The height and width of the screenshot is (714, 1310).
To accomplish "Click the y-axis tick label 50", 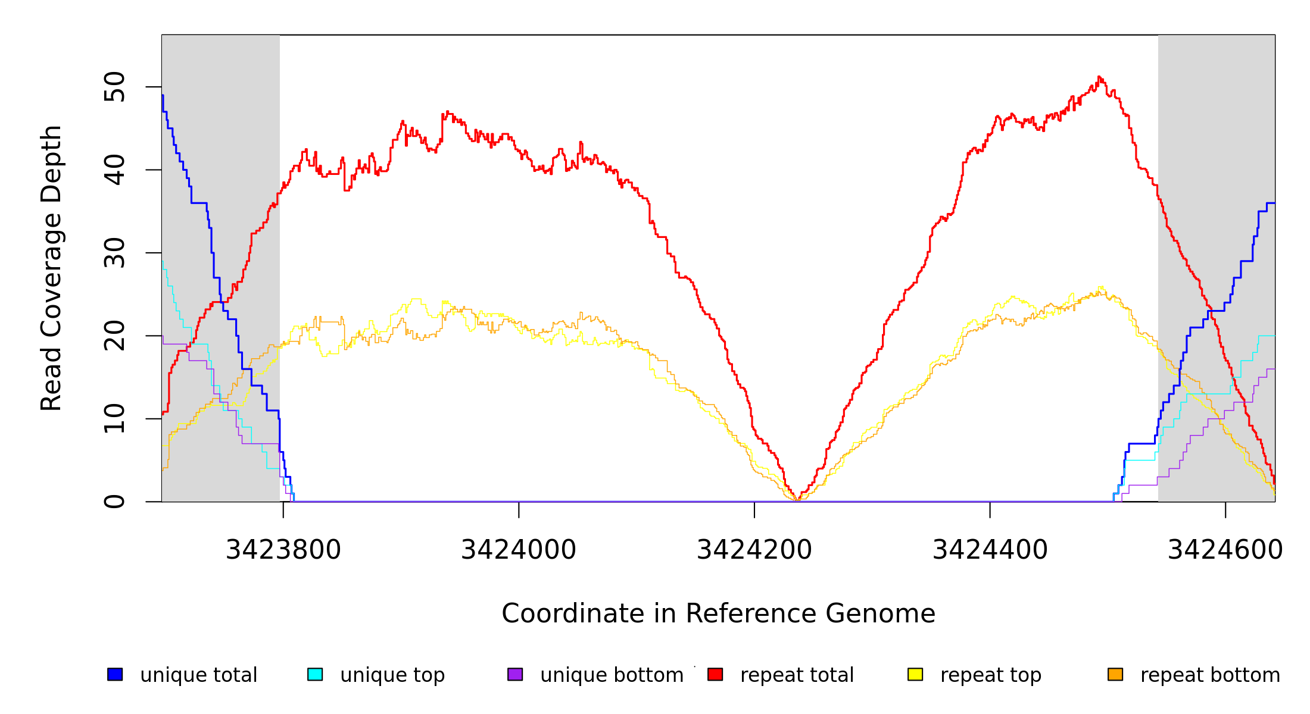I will [114, 87].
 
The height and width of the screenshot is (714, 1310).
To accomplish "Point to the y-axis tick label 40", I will [114, 170].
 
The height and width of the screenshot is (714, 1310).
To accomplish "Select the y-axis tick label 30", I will [114, 253].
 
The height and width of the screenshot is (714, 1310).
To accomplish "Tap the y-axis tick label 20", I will [114, 336].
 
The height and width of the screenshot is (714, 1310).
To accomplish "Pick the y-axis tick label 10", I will [114, 419].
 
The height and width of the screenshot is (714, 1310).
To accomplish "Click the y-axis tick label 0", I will [114, 502].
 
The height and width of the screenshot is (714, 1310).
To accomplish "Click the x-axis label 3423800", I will [283, 550].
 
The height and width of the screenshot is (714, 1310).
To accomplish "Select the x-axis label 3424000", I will [519, 550].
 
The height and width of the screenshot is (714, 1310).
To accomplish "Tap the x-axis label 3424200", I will [754, 550].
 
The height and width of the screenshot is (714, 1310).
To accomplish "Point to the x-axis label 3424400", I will [990, 550].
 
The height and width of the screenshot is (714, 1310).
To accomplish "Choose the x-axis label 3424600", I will [1225, 550].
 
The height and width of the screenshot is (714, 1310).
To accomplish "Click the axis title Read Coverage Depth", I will [51, 268].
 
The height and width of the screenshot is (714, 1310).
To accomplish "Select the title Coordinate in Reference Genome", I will [718, 613].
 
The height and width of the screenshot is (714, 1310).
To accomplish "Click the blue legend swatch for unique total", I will [115, 674].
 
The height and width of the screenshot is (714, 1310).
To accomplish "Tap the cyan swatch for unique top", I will [315, 674].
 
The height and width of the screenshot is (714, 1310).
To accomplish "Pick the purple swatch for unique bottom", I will [515, 674].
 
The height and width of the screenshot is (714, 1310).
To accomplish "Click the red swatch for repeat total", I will [715, 674].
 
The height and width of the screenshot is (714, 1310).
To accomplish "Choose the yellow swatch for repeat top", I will [915, 674].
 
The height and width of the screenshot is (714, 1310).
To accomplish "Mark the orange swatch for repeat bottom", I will [1115, 674].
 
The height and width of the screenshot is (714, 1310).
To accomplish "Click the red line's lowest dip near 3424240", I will [798, 499].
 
